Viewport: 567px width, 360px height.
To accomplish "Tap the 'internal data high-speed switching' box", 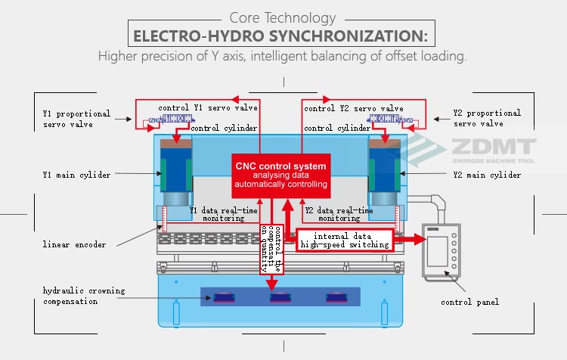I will pos(345,240).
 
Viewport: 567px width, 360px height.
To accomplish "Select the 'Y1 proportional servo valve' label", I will pos(76,119).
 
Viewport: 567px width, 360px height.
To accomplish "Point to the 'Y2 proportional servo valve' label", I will pos(487,118).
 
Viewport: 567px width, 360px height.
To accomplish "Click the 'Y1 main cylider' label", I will pos(76,175).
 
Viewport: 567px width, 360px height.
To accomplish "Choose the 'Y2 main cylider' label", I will pos(487,175).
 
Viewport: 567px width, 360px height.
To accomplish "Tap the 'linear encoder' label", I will pos(74,244).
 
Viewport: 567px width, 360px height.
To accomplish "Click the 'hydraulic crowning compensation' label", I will pos(84,296).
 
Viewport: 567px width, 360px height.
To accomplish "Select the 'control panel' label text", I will pos(469,303).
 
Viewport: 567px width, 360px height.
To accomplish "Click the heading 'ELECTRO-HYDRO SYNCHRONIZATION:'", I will pos(280,36).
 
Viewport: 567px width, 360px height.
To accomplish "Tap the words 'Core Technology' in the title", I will pos(282,17).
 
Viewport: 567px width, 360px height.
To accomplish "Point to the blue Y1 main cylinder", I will pos(175,172).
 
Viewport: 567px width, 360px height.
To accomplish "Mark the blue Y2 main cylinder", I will pos(386,172).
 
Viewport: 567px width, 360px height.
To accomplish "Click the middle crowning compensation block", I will pos(280,296).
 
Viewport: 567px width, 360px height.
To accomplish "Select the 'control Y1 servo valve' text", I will pos(208,108).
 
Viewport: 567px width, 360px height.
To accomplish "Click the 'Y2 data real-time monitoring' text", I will pos(339,214).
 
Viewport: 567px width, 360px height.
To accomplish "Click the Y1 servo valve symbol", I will pos(168,121).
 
